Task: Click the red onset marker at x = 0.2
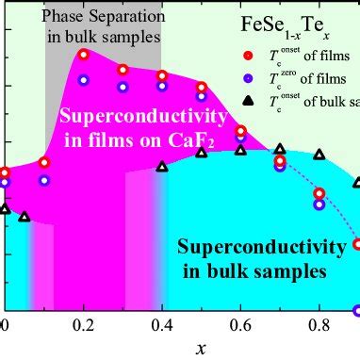tap(84, 55)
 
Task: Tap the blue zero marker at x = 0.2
tap(84, 80)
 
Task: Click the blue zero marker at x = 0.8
tap(319, 203)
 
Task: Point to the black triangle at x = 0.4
tap(162, 167)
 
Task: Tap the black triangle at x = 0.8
tap(319, 154)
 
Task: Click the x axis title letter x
tap(201, 348)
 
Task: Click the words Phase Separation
tap(101, 18)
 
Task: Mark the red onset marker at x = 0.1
tap(44, 162)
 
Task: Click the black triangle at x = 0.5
tap(202, 153)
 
